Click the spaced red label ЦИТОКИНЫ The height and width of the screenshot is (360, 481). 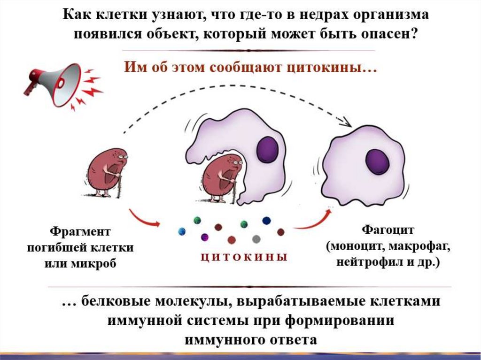(x=243, y=257)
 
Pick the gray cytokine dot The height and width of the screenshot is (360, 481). (x=256, y=239)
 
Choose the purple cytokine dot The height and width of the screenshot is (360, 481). (x=204, y=237)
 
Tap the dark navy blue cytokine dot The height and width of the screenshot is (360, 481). (x=266, y=221)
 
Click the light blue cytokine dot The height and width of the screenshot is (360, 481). (x=181, y=231)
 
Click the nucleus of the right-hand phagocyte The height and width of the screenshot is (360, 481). (x=377, y=162)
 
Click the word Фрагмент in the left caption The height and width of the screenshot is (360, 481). (x=80, y=231)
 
